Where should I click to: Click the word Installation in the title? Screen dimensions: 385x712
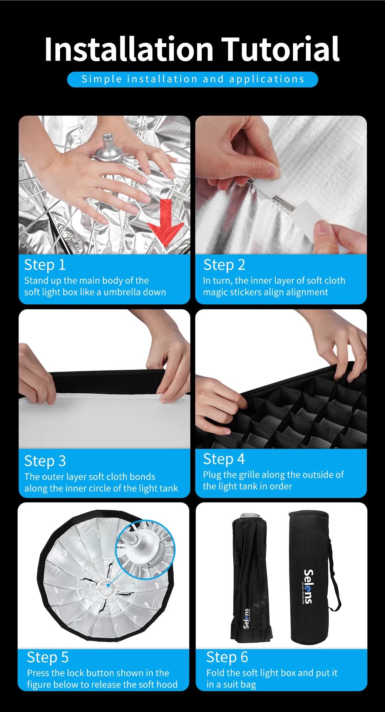click(x=129, y=49)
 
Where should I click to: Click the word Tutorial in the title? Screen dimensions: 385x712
click(x=280, y=49)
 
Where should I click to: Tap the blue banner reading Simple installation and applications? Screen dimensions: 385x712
click(x=192, y=79)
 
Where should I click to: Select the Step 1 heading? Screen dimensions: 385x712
click(x=45, y=265)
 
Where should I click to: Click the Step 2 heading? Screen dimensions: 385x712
click(x=224, y=265)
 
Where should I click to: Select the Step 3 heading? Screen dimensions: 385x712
click(x=45, y=461)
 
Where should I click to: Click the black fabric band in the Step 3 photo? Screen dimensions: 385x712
click(x=108, y=382)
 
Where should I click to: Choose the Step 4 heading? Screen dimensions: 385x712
click(x=224, y=459)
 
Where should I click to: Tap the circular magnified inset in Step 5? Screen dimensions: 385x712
click(x=145, y=549)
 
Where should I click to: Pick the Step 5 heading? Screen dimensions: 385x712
click(x=48, y=657)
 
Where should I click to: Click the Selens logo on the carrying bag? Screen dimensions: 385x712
click(x=308, y=586)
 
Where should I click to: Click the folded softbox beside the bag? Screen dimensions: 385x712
click(x=251, y=578)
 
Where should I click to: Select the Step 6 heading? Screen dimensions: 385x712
click(x=227, y=657)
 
